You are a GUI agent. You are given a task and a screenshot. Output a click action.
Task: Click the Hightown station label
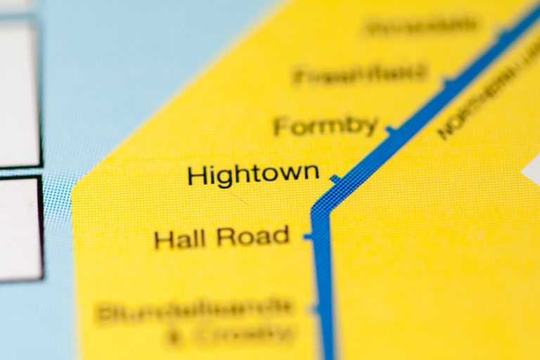253,174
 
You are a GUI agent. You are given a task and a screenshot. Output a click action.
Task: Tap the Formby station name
326,127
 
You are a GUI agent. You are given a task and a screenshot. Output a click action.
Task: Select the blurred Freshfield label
360,73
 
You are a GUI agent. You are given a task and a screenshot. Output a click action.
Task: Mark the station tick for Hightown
336,179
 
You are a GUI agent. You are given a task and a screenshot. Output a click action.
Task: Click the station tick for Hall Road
308,237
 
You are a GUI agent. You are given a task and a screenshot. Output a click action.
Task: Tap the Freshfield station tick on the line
447,82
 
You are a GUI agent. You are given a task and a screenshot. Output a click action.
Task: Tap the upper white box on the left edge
18,91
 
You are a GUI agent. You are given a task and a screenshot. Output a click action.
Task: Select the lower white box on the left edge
20,229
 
